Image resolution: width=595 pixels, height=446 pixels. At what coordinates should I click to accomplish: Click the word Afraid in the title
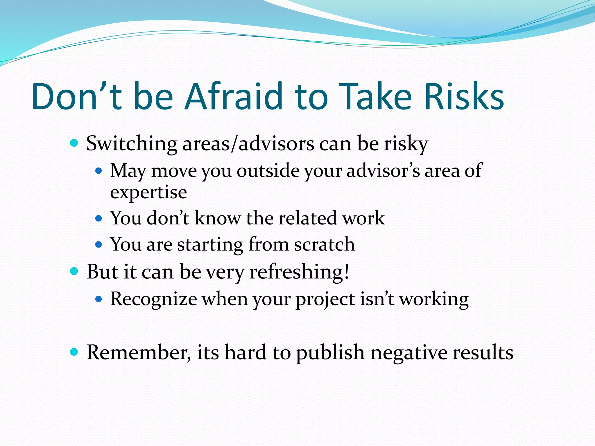coord(234,96)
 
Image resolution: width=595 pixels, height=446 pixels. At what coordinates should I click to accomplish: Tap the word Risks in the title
coord(464,96)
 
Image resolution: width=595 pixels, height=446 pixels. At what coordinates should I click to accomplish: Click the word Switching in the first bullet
coord(132,144)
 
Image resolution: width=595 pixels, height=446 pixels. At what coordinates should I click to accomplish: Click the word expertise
coord(148,193)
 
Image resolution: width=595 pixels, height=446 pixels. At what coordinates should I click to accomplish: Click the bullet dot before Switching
coord(74,143)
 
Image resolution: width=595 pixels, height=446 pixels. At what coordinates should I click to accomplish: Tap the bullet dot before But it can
coord(74,271)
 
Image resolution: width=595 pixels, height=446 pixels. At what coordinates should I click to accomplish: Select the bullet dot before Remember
coord(74,352)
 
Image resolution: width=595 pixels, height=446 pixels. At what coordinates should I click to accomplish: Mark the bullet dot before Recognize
coord(99,299)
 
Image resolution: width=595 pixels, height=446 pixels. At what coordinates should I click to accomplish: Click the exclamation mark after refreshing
coord(346,272)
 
